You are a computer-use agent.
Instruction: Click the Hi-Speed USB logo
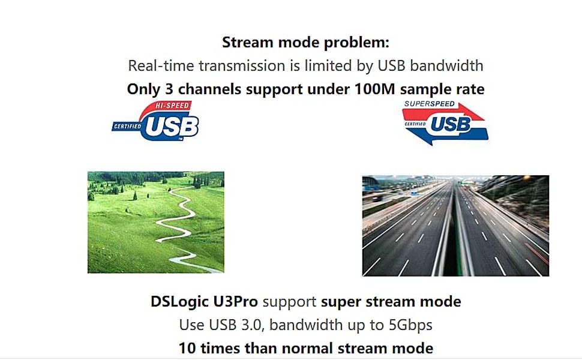(155, 121)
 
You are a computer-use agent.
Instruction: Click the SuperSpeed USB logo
(445, 123)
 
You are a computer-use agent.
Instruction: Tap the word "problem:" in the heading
(356, 43)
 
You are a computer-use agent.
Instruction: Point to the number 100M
(375, 89)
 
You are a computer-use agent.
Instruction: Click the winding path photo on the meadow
(156, 223)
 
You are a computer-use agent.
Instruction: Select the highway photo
(455, 226)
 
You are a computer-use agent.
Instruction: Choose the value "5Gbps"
(410, 325)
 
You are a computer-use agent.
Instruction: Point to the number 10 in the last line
(187, 349)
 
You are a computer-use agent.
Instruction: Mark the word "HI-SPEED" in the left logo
(172, 106)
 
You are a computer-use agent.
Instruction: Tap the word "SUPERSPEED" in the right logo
(430, 104)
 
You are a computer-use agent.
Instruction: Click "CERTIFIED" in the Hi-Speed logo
(127, 127)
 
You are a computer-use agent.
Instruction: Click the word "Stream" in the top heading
(247, 43)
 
